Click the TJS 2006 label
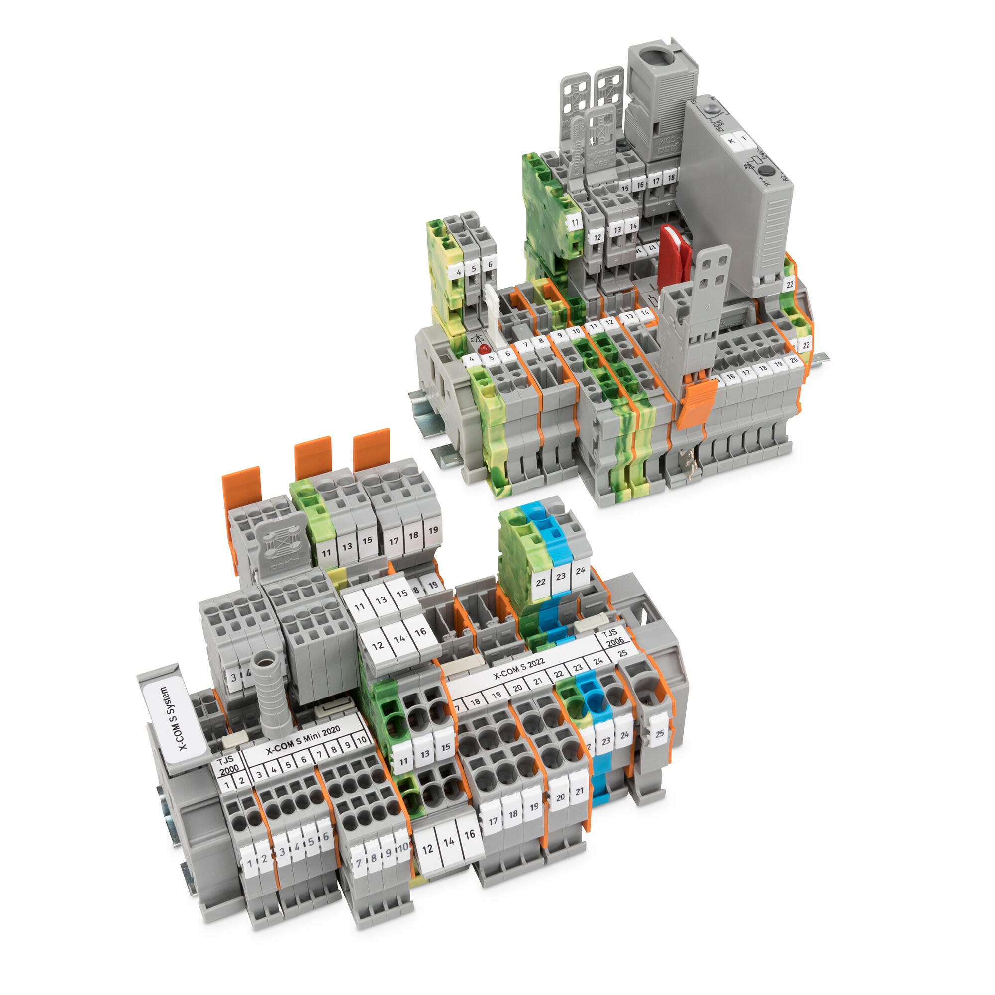(614, 637)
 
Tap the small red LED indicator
(483, 349)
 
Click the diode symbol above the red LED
(478, 338)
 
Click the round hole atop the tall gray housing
(659, 56)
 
